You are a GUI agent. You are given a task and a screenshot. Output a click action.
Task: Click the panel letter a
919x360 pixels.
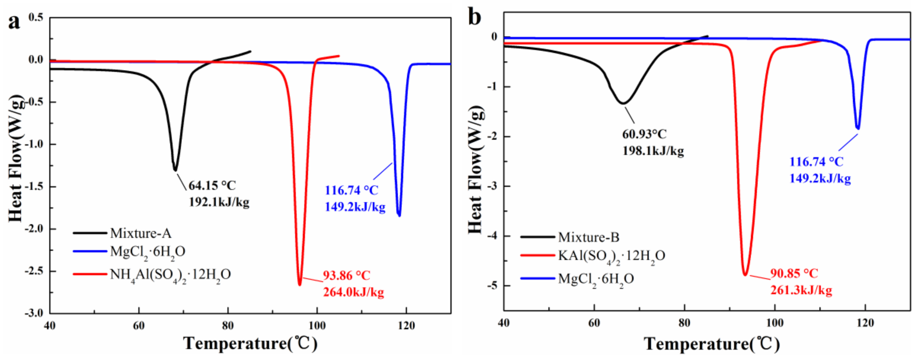[14, 22]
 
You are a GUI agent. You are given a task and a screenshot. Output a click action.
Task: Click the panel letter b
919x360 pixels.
[474, 17]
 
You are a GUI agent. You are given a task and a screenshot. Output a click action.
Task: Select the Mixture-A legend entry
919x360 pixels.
[140, 233]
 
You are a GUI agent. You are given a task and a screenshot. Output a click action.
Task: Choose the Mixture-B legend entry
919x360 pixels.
[588, 237]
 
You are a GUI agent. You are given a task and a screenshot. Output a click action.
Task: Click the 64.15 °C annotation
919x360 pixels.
[212, 186]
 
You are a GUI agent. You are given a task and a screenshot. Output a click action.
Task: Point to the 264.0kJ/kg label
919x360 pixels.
[354, 292]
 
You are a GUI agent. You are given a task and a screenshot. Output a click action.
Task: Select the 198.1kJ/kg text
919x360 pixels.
[653, 151]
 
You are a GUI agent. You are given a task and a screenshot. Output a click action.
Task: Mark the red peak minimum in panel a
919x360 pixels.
[300, 285]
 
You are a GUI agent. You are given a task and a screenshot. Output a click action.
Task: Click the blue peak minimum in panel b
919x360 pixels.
[858, 129]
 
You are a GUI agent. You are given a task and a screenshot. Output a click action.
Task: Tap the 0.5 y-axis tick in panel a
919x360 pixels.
[36, 17]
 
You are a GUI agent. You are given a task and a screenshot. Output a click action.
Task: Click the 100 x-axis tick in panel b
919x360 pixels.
[775, 323]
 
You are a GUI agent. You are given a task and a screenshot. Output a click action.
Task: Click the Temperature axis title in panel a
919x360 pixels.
[250, 344]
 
